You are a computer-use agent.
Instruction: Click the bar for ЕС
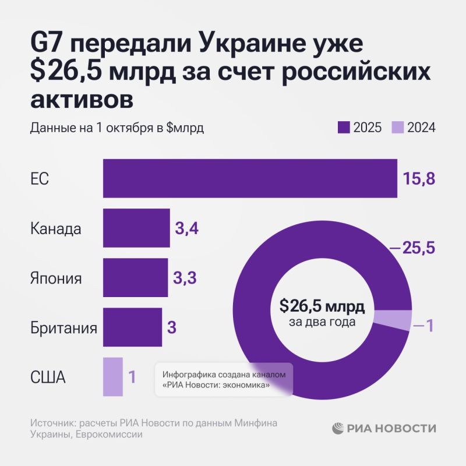pos(250,178)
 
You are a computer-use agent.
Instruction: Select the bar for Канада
pos(136,228)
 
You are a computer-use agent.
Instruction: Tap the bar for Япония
pos(135,278)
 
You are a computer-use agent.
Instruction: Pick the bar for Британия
pos(132,327)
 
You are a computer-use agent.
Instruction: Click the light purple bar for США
pos(113,377)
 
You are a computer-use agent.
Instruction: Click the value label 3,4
pos(187,228)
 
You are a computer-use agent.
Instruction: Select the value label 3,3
pos(185,278)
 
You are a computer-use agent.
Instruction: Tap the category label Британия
pos(63,327)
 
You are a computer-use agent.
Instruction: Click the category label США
pos(48,377)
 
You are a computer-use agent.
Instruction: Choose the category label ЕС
pos(40,179)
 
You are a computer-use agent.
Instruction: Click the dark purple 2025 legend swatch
pos(343,128)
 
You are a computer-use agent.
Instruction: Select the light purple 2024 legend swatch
pos(397,128)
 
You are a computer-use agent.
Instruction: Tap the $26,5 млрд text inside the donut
pos(322,306)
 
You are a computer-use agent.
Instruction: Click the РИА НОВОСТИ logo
pos(384,428)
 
